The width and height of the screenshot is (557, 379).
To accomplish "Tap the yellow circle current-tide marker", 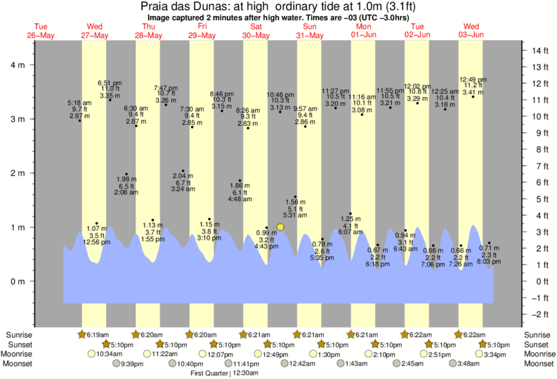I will click(280, 226).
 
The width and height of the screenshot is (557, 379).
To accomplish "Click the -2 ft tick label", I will click(540, 314).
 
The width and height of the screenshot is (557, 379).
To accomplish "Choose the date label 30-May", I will click(256, 35).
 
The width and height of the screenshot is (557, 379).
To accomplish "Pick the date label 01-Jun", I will click(364, 35).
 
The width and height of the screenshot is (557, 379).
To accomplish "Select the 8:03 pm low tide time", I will click(490, 262).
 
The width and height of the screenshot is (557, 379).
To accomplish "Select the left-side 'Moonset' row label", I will click(18, 364).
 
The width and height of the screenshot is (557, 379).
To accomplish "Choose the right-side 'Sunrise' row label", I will click(537, 335).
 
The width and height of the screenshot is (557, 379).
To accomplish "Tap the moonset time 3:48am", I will click(472, 364).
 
